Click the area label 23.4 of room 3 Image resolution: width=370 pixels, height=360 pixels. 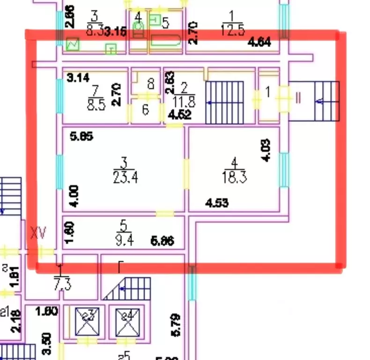[x=125, y=178]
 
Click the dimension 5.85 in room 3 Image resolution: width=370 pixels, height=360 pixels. [x=81, y=137]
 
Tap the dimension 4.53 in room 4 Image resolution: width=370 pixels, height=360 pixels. [x=217, y=202]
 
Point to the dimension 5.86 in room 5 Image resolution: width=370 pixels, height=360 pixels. [x=163, y=242]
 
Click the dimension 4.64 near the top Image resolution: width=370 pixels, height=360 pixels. [x=259, y=43]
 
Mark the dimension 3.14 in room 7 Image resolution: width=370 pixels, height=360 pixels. [x=78, y=77]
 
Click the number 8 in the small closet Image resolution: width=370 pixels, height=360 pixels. [x=150, y=84]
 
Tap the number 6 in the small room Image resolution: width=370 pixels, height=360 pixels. [x=145, y=110]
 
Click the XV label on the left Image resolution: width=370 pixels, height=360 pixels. [x=38, y=233]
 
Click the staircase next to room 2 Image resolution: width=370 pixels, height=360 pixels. [x=225, y=102]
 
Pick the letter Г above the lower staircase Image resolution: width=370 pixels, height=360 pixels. [x=120, y=268]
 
